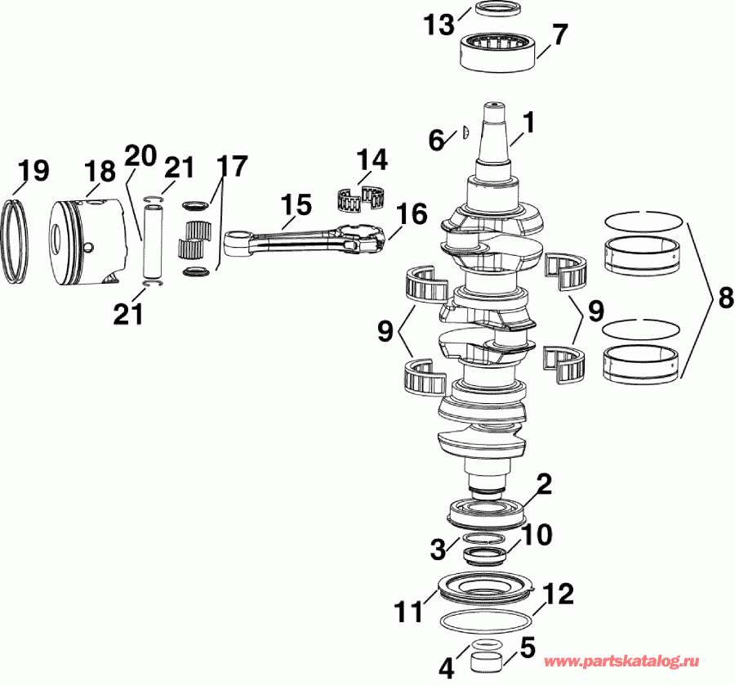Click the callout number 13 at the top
pyautogui.click(x=439, y=25)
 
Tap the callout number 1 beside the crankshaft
pyautogui.click(x=528, y=123)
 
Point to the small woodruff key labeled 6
pyautogui.click(x=463, y=129)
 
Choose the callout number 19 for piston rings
pyautogui.click(x=33, y=170)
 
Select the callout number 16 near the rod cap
pyautogui.click(x=412, y=214)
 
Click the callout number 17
pyautogui.click(x=231, y=166)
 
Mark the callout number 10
pyautogui.click(x=537, y=535)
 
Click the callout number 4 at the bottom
pyautogui.click(x=445, y=668)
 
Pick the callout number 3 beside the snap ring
pyautogui.click(x=438, y=545)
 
